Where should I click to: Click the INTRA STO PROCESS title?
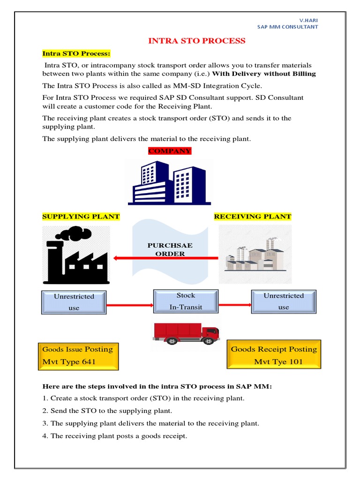(196, 41)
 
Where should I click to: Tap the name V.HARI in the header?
(308, 20)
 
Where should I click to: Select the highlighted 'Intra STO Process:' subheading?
(76, 53)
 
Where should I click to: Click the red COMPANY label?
(170, 151)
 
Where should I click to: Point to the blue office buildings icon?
(169, 182)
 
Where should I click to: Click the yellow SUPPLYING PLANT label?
(81, 217)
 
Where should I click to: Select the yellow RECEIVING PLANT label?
(253, 217)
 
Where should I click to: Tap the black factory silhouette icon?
(76, 255)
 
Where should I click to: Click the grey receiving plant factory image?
(255, 255)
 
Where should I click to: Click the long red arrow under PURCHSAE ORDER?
(166, 257)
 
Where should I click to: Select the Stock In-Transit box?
(186, 301)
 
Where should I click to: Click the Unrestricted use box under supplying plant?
(74, 302)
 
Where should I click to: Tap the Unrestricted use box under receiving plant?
(283, 301)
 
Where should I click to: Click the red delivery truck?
(186, 332)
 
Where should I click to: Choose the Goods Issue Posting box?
(78, 356)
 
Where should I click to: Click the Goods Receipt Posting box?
(274, 355)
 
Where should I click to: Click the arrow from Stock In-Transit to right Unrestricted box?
(234, 305)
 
